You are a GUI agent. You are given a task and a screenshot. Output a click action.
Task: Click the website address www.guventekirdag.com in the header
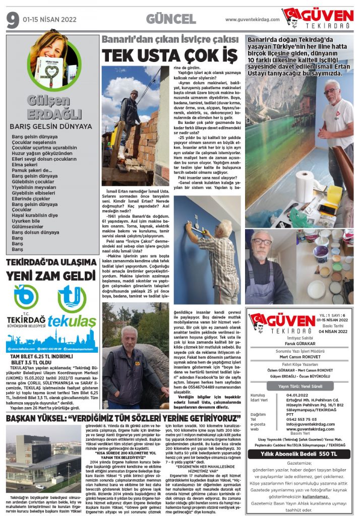(x=252, y=20)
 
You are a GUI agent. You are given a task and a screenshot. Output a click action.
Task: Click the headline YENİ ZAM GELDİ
(x=50, y=276)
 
